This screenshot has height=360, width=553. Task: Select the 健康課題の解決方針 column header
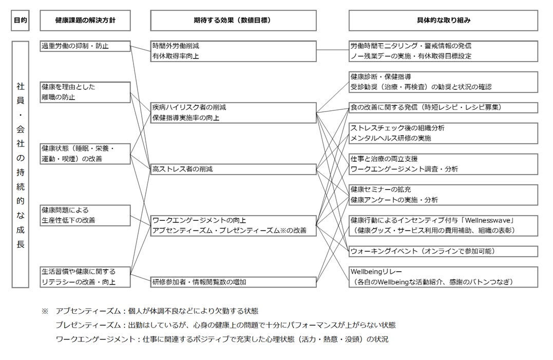pyautogui.click(x=85, y=21)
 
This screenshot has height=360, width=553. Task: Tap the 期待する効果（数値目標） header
pyautogui.click(x=233, y=21)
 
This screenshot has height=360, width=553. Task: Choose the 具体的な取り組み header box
pyautogui.click(x=443, y=21)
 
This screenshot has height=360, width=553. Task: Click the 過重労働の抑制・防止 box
pyautogui.click(x=85, y=46)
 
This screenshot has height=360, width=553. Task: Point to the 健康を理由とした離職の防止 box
pyautogui.click(x=85, y=92)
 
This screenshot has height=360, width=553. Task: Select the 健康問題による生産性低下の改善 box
pyautogui.click(x=85, y=215)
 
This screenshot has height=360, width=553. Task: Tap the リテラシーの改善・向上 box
pyautogui.click(x=85, y=277)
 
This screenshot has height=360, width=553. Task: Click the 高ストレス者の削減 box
pyautogui.click(x=233, y=169)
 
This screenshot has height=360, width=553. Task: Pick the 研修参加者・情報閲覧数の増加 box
pyautogui.click(x=233, y=282)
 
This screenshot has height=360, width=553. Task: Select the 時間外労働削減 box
pyautogui.click(x=233, y=51)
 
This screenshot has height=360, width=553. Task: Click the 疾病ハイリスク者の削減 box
pyautogui.click(x=233, y=112)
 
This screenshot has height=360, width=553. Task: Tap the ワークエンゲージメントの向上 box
pyautogui.click(x=233, y=225)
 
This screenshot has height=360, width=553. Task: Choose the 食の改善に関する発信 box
pyautogui.click(x=443, y=107)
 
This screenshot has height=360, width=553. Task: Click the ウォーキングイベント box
pyautogui.click(x=443, y=251)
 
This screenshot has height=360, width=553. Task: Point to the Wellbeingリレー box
pyautogui.click(x=443, y=277)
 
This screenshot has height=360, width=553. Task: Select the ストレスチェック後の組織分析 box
pyautogui.click(x=443, y=133)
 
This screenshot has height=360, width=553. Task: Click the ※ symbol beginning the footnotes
pyautogui.click(x=45, y=311)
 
